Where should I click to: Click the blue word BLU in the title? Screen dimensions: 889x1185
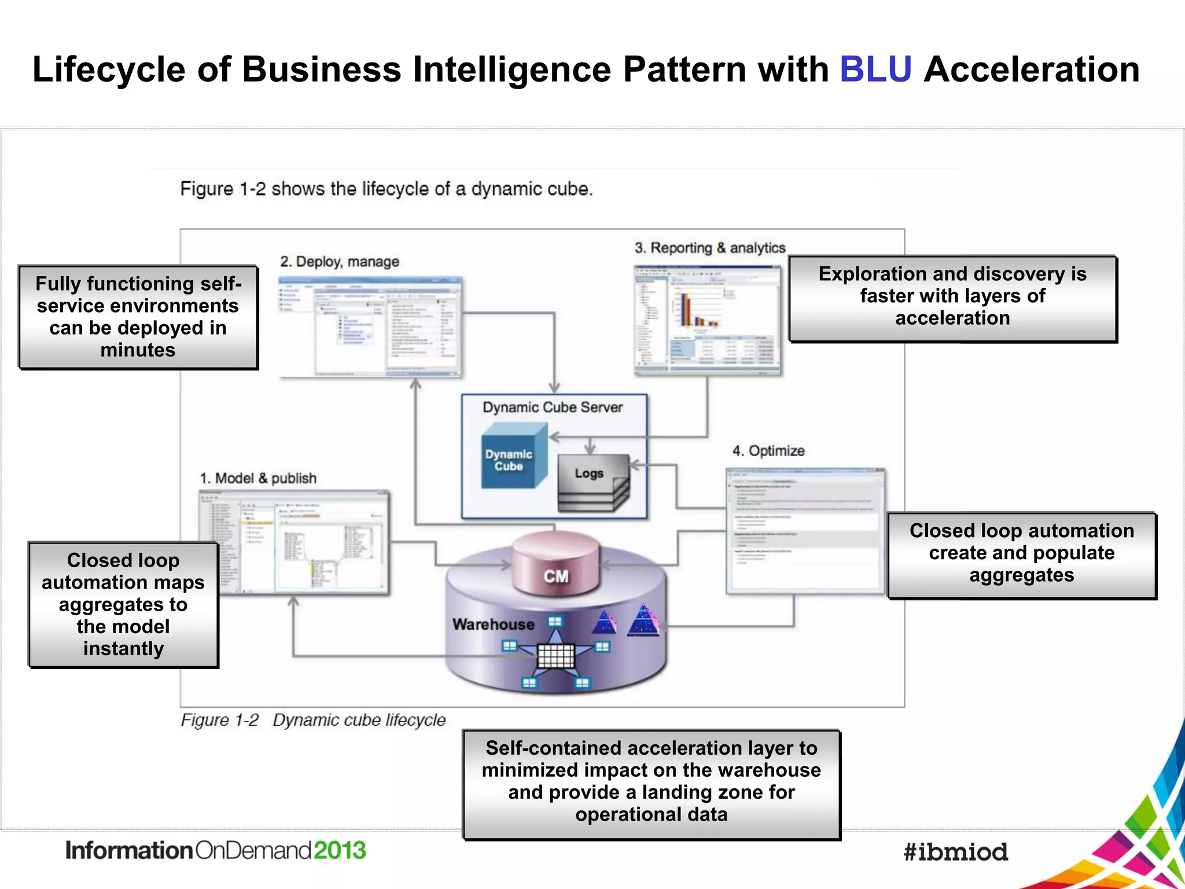(875, 69)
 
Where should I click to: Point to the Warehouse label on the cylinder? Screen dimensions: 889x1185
(493, 624)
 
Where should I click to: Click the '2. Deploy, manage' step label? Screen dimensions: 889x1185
(340, 262)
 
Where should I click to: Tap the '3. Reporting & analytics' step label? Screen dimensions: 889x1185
(709, 248)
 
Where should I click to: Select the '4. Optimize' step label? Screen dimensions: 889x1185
(768, 451)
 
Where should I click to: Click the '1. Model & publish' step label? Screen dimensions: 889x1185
(258, 478)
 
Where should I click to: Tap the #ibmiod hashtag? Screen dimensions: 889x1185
(955, 852)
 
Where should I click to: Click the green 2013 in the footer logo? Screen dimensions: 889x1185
(340, 850)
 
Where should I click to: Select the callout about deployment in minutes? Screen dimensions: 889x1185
(138, 317)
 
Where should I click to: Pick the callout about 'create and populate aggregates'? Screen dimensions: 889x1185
(1021, 554)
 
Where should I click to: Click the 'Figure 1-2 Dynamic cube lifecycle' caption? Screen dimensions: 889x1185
(313, 720)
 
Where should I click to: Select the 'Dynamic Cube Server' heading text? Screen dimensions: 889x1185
(553, 407)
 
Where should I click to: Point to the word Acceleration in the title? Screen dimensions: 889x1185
(1031, 69)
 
